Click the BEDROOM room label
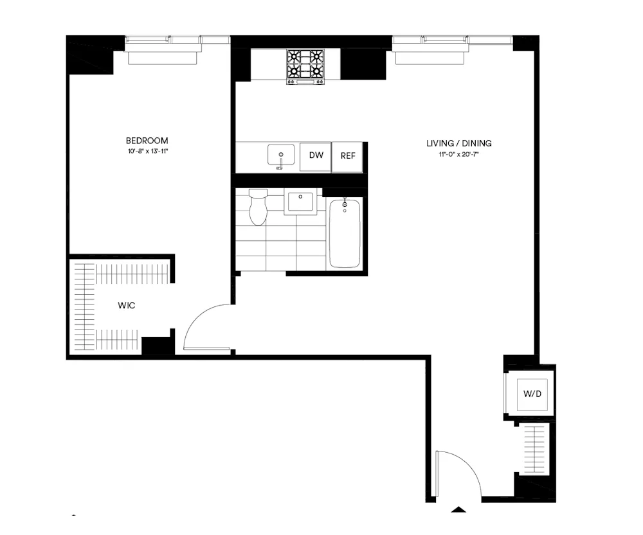147,141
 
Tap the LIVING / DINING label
459,143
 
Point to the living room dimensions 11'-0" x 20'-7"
459,155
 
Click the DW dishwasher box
316,156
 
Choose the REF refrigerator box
348,156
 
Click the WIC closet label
127,306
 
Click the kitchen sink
281,155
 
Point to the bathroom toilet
258,207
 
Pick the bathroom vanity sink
300,202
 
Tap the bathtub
345,232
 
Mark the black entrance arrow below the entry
458,510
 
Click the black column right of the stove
352,64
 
